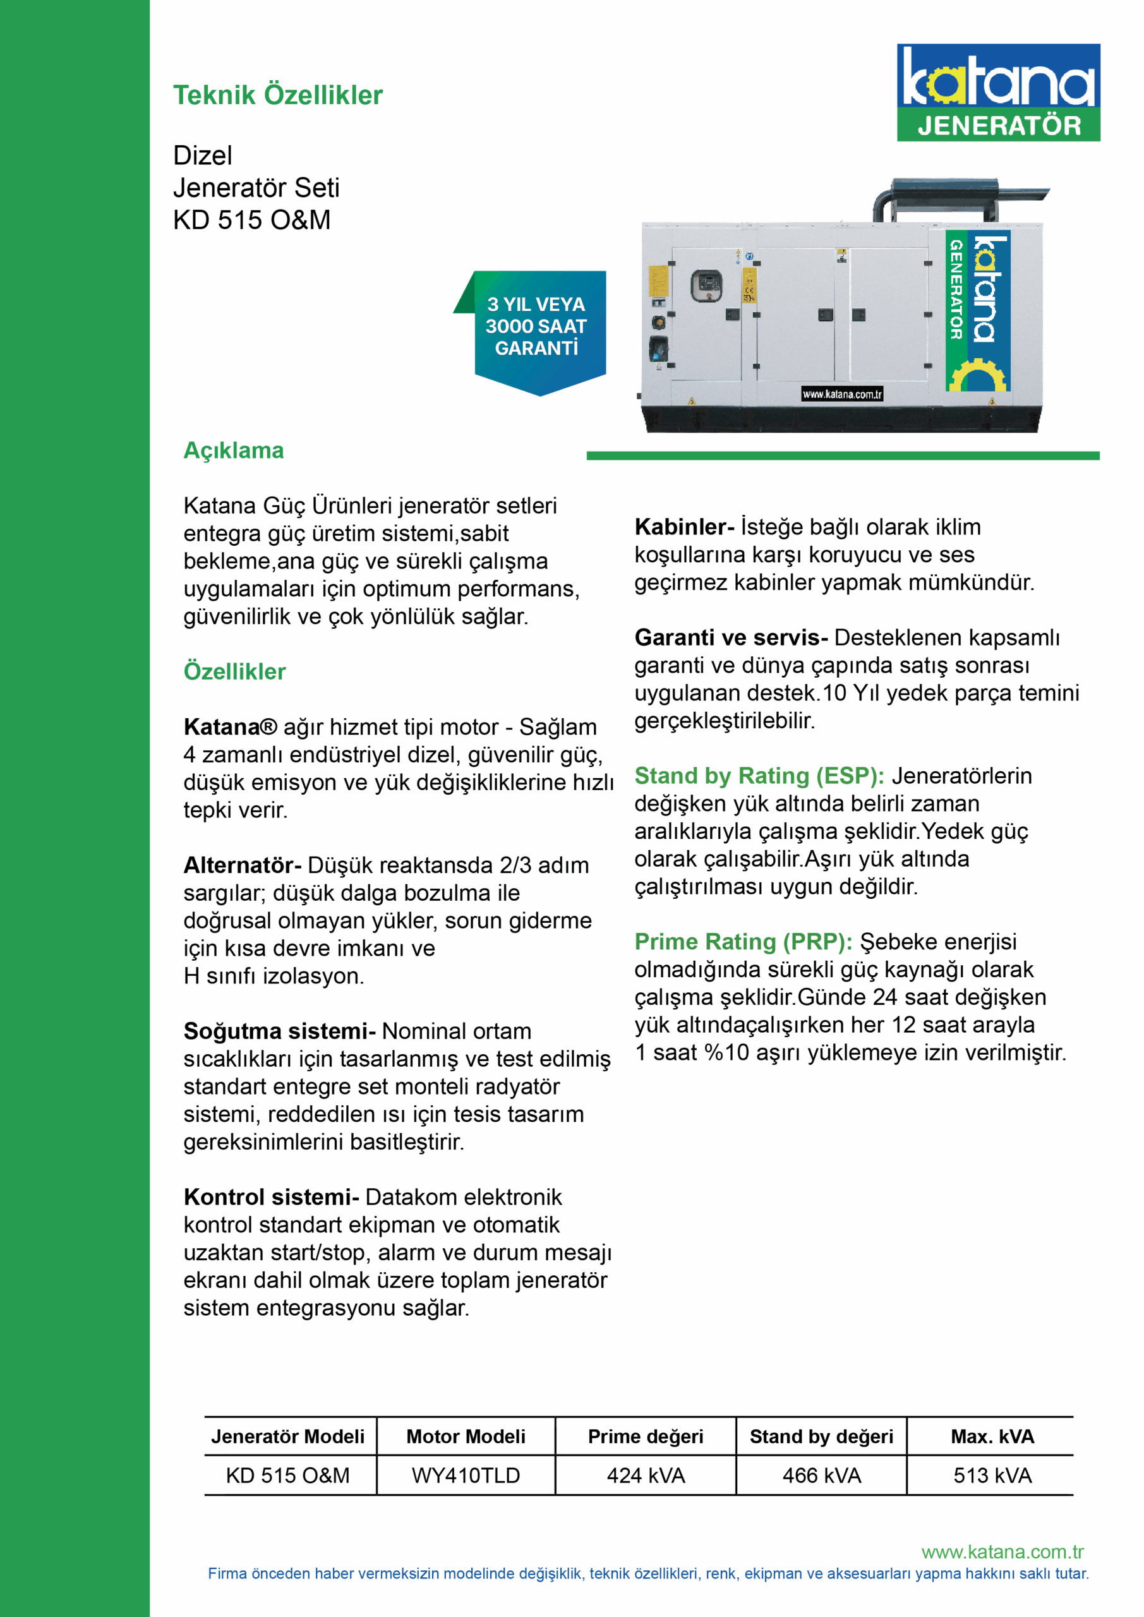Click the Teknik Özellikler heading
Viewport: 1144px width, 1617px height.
tap(277, 95)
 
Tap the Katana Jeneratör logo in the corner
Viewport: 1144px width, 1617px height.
tap(997, 92)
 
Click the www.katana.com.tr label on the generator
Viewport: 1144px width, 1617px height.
tap(842, 394)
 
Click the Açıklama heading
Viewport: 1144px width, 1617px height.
tap(233, 451)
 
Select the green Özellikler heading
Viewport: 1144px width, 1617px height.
tap(234, 671)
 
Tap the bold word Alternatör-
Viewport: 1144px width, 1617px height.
tap(243, 865)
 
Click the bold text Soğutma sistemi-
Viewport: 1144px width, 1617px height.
tap(279, 1031)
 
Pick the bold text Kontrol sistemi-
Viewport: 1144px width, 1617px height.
tap(271, 1197)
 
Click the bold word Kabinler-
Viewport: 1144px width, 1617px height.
tap(684, 527)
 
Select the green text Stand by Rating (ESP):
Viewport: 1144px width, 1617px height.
tap(759, 776)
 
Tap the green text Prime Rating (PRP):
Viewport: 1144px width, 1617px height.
tap(743, 942)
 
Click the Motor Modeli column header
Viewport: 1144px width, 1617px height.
tap(466, 1437)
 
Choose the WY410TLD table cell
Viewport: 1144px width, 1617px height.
tap(466, 1476)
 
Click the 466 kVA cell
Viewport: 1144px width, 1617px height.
tap(821, 1476)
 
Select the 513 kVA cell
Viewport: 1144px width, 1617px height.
tap(992, 1476)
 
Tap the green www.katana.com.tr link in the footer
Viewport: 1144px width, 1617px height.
tap(1002, 1552)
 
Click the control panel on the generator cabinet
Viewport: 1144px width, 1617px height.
tap(705, 286)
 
